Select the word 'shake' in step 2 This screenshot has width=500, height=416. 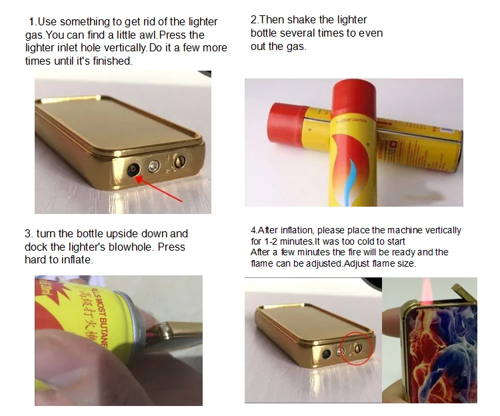point(304,20)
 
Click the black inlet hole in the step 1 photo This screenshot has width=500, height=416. point(135,171)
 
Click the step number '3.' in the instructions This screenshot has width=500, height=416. point(29,234)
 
